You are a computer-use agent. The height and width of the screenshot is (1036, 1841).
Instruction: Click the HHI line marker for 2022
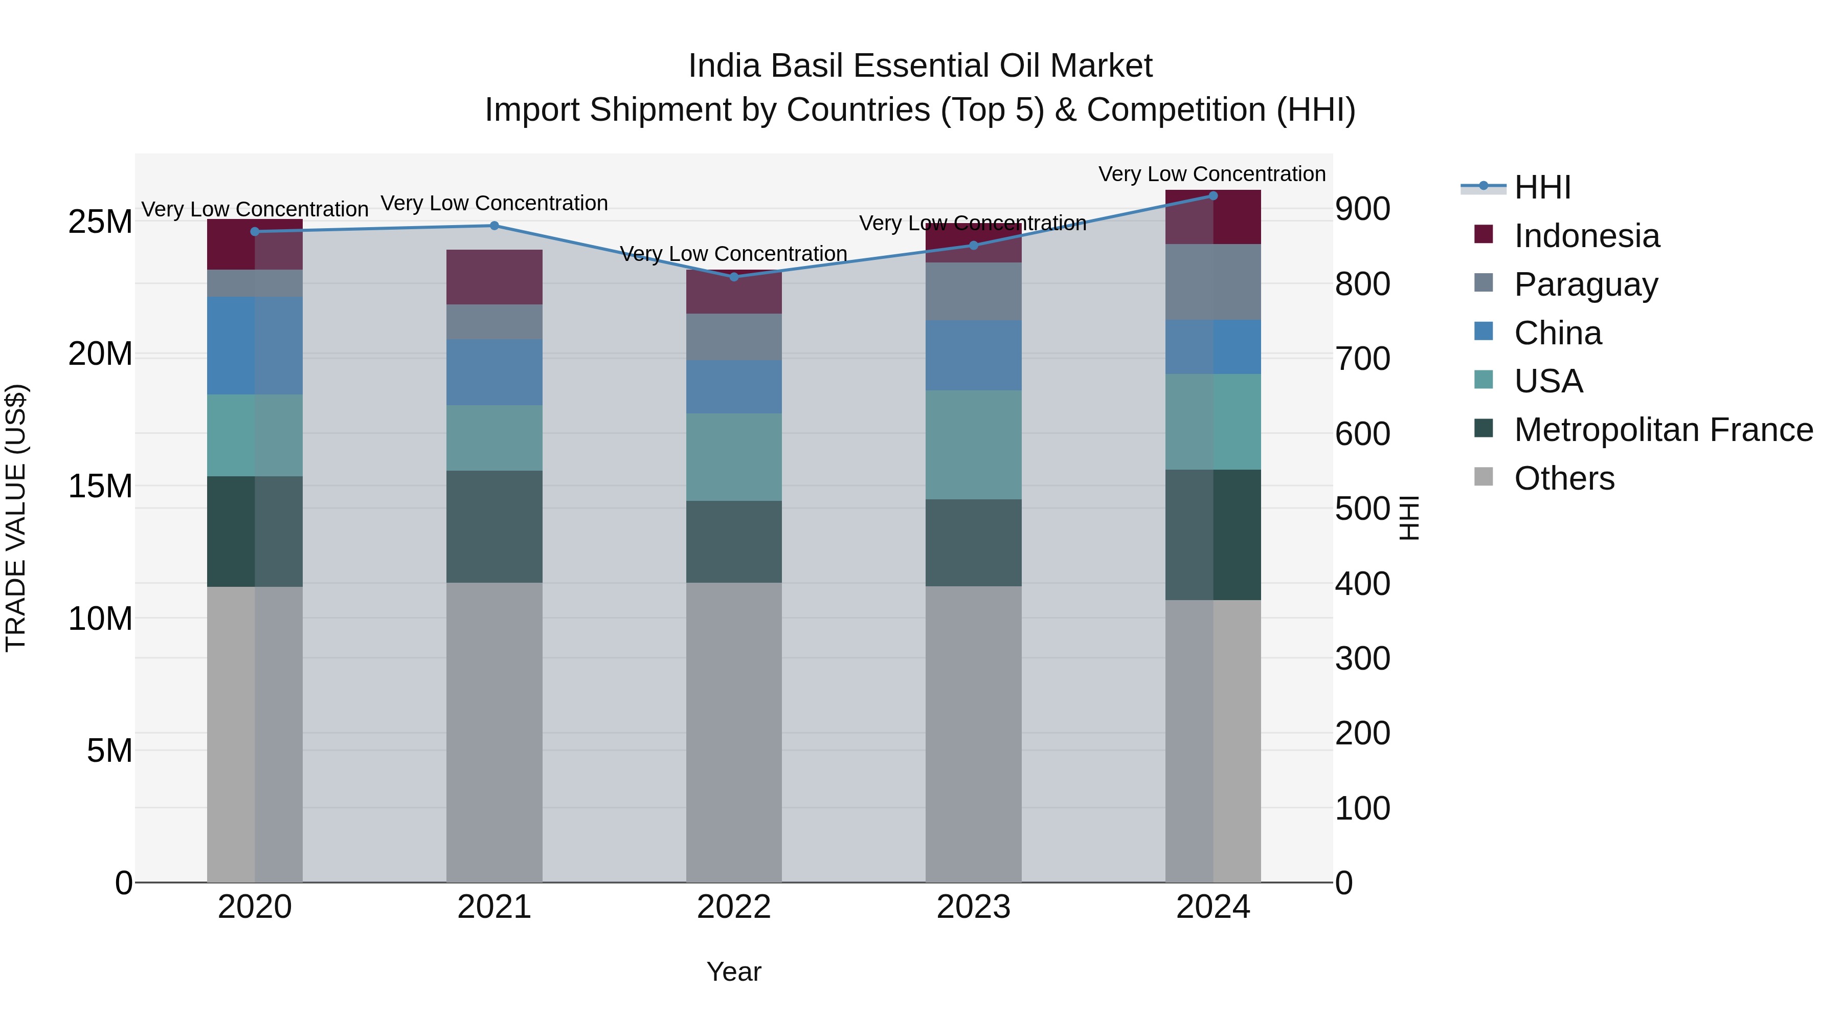pos(734,277)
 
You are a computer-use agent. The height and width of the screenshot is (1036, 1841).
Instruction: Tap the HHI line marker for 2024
pos(1213,195)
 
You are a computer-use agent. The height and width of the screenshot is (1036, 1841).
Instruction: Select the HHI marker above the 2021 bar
pos(495,226)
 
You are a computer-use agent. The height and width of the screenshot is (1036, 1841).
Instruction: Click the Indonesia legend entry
pos(1586,236)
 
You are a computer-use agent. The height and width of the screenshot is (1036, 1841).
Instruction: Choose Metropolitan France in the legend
pos(1663,430)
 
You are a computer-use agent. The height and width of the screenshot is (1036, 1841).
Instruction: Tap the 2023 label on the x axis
pos(973,907)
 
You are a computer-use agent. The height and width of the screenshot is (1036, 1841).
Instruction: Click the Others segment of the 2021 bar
pos(495,732)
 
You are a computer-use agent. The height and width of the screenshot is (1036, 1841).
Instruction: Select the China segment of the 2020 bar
pos(255,345)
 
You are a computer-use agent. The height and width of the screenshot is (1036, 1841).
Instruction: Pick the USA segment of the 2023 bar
pos(973,445)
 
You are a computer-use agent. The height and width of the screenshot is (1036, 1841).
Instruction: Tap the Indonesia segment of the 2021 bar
pos(495,277)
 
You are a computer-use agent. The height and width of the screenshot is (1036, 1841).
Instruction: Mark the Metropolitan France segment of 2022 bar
pos(734,541)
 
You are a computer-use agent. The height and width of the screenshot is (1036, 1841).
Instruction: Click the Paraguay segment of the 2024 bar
pos(1213,282)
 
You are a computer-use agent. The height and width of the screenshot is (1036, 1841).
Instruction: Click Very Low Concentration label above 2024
pos(1211,174)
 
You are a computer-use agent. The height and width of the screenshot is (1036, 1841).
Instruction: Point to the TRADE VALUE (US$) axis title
pos(16,518)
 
